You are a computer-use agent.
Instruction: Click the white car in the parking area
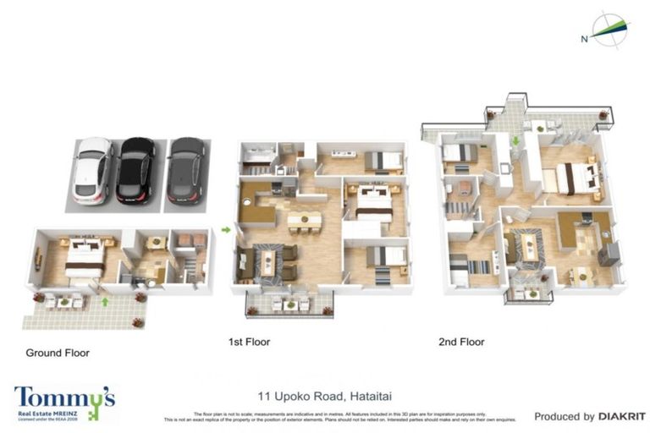[x=92, y=171]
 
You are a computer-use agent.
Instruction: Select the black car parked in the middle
[x=135, y=171]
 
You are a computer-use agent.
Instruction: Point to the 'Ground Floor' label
[x=58, y=353]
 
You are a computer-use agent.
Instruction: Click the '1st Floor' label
[x=249, y=343]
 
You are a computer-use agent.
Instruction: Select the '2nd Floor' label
[x=461, y=343]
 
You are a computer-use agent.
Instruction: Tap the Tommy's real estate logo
[x=64, y=402]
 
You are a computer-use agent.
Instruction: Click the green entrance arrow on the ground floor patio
[x=105, y=300]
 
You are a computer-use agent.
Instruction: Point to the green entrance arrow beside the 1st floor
[x=226, y=228]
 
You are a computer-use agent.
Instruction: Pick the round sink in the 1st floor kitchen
[x=248, y=203]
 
